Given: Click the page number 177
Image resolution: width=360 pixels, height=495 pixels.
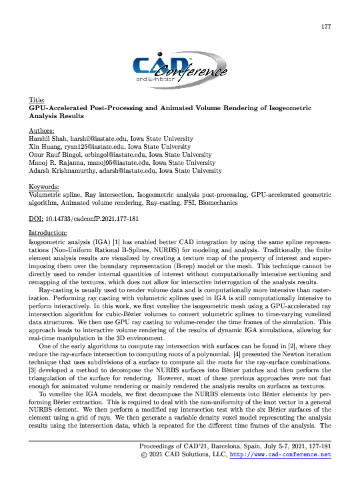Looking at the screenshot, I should click(x=326, y=27).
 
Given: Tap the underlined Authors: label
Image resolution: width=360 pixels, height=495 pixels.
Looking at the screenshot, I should click(x=42, y=131).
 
